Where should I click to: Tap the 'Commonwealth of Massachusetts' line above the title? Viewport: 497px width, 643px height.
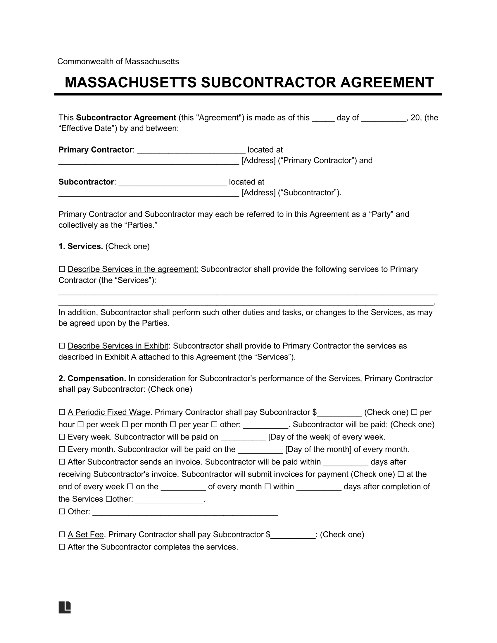(x=118, y=62)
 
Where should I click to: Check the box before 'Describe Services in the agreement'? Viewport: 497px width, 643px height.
(x=62, y=269)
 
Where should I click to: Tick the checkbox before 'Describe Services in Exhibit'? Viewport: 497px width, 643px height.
(x=62, y=346)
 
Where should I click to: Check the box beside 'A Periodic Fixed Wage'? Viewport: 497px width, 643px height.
(x=62, y=412)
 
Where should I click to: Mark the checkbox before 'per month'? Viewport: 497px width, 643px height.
(x=125, y=425)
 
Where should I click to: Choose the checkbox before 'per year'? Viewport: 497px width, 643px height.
(x=173, y=425)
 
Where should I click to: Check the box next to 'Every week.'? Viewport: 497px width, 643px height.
(x=62, y=437)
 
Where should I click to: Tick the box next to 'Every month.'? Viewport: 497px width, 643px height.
(x=62, y=450)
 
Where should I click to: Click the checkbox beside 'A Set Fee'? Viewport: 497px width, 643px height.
(x=62, y=534)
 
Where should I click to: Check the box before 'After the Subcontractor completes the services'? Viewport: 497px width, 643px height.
(x=62, y=547)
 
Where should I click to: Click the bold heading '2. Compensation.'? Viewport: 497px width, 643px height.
(x=92, y=378)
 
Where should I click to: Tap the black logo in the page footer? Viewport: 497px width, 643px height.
(x=65, y=607)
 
